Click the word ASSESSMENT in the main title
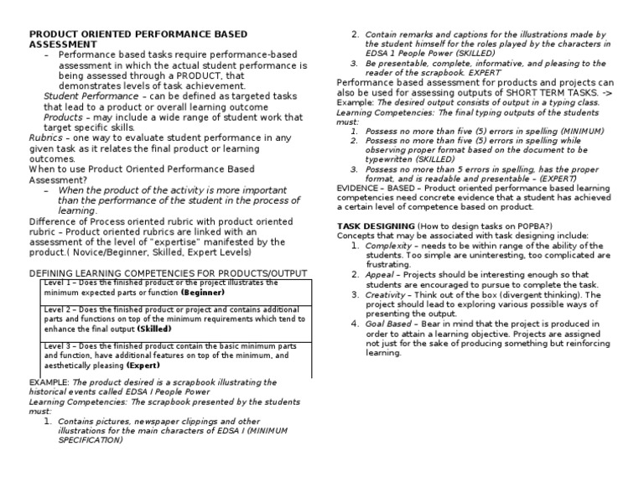click(61, 44)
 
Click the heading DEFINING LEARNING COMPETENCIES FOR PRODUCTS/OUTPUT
click(168, 273)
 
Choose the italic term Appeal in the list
click(382, 274)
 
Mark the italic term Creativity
click(387, 294)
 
